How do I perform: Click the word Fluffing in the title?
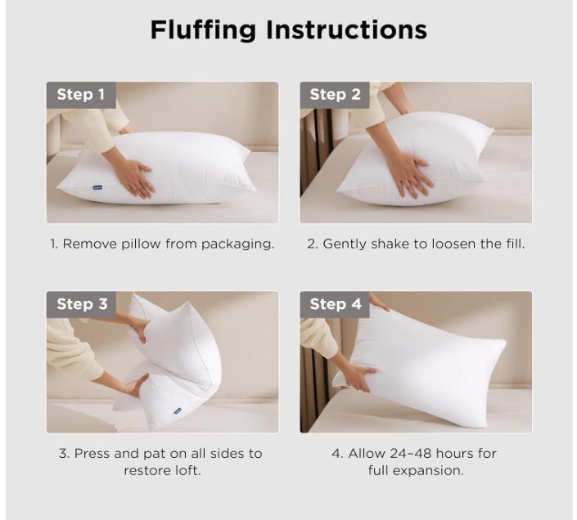203,30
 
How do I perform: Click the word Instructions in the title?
346,29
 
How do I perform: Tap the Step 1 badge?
81,95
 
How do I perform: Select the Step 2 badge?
335,95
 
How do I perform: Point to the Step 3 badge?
81,304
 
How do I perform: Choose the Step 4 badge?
335,304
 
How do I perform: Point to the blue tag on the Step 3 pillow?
178,411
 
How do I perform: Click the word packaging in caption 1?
237,244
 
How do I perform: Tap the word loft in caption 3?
187,470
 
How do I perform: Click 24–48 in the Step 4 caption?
413,454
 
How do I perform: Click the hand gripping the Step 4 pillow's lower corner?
359,378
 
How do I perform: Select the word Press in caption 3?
92,454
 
